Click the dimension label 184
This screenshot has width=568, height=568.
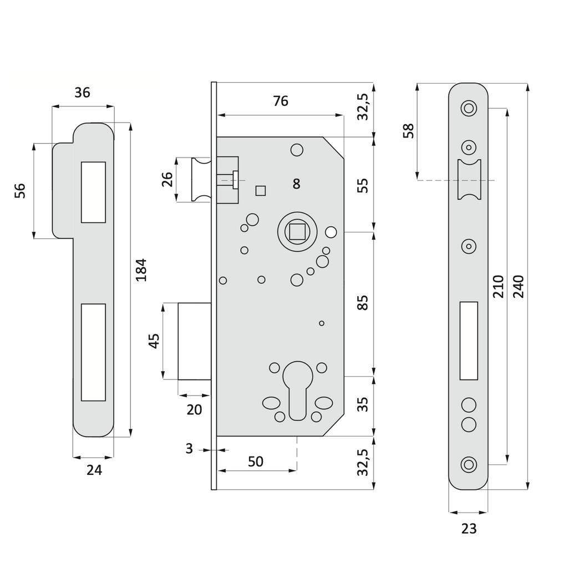(141, 270)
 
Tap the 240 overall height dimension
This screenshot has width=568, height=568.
(518, 286)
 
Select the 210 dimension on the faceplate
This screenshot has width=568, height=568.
(498, 286)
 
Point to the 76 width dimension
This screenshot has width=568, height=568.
(281, 101)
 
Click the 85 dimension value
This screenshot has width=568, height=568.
(363, 302)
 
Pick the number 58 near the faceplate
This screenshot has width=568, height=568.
(409, 131)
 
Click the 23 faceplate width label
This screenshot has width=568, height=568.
(469, 529)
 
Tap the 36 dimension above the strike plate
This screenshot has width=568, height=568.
(82, 93)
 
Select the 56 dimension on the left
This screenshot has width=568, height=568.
(20, 191)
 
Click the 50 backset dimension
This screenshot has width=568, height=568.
(256, 461)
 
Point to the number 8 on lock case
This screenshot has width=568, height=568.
(296, 184)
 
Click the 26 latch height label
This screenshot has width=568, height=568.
(168, 180)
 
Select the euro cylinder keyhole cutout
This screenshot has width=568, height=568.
(297, 390)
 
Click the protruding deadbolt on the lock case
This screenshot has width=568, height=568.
(194, 341)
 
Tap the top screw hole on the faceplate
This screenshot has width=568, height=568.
(469, 108)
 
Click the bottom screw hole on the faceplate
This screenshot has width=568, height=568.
(469, 464)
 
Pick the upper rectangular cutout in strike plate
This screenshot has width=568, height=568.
(93, 192)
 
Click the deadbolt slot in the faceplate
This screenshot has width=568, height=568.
(469, 341)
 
